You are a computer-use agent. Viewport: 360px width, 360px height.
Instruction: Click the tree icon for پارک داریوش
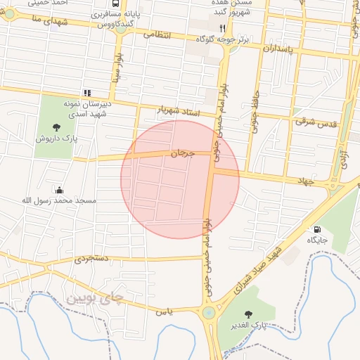pyautogui.click(x=57, y=127)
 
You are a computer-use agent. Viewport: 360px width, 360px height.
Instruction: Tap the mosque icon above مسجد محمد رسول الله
pyautogui.click(x=58, y=190)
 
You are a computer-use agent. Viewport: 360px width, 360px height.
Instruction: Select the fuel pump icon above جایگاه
pyautogui.click(x=316, y=229)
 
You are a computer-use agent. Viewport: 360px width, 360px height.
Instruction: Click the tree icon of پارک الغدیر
pyautogui.click(x=247, y=314)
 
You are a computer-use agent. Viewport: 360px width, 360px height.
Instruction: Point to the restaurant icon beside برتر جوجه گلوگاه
pyautogui.click(x=222, y=28)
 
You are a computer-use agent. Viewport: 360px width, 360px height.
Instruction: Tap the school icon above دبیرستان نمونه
pyautogui.click(x=87, y=92)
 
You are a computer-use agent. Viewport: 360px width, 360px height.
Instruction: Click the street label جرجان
pyautogui.click(x=181, y=152)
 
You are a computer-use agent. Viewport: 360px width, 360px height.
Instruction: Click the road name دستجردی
pyautogui.click(x=92, y=259)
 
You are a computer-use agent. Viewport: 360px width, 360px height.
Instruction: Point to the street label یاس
pyautogui.click(x=165, y=311)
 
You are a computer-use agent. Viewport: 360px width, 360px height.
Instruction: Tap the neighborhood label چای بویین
pyautogui.click(x=94, y=297)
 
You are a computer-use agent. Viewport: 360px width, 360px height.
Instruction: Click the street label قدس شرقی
pyautogui.click(x=316, y=122)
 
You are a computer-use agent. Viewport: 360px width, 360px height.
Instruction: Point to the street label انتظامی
pyautogui.click(x=157, y=33)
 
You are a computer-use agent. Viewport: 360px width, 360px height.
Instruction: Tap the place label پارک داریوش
pyautogui.click(x=57, y=139)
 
